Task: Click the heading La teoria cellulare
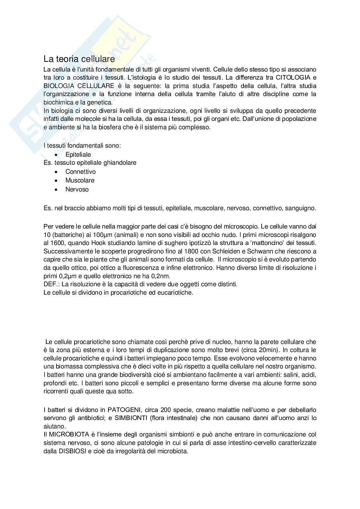(x=79, y=59)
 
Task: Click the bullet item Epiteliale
(x=78, y=154)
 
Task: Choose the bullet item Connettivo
(x=80, y=172)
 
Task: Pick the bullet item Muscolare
(x=80, y=181)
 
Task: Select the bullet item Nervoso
(x=77, y=190)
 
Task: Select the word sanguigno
(x=301, y=208)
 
